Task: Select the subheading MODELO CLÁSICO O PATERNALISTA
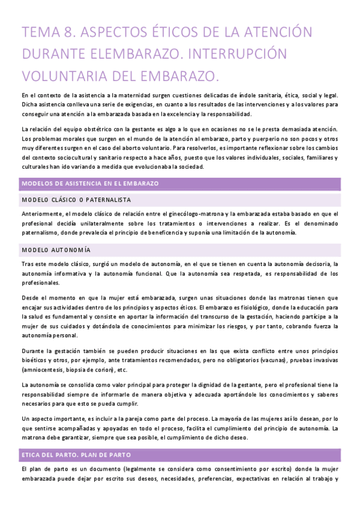click(76, 199)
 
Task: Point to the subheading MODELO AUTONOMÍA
click(56, 249)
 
